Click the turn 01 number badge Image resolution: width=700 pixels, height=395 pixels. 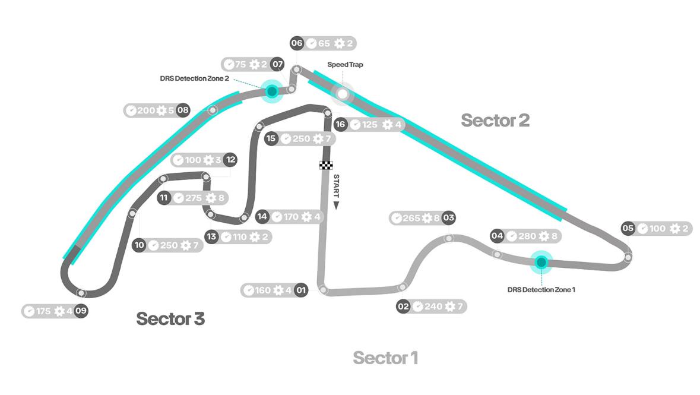tap(301, 290)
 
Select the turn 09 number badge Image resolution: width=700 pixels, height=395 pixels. tap(81, 311)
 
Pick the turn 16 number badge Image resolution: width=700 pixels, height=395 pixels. tap(340, 124)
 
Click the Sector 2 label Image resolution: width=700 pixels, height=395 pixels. tap(495, 121)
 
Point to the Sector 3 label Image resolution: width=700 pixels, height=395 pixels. tap(170, 318)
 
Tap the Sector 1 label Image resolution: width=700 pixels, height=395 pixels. tap(385, 358)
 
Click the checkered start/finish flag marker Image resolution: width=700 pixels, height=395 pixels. tap(326, 165)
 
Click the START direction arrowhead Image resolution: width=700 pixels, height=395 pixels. tap(336, 205)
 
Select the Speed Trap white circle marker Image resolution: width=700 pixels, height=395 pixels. tap(342, 93)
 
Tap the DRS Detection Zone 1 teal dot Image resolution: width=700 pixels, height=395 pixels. tap(541, 262)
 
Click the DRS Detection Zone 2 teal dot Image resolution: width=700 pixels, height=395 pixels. tap(271, 91)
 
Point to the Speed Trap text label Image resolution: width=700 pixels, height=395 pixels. tap(345, 65)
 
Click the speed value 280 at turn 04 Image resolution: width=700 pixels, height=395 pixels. tap(527, 236)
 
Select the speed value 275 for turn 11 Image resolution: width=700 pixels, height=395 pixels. tap(194, 198)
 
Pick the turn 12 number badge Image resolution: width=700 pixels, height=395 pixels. tap(231, 160)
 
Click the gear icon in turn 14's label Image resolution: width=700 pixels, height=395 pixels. tap(306, 217)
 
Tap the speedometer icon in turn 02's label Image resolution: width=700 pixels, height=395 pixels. tap(418, 307)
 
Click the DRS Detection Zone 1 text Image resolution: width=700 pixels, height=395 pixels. tap(541, 290)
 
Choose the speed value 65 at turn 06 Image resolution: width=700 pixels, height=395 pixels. tap(324, 43)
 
